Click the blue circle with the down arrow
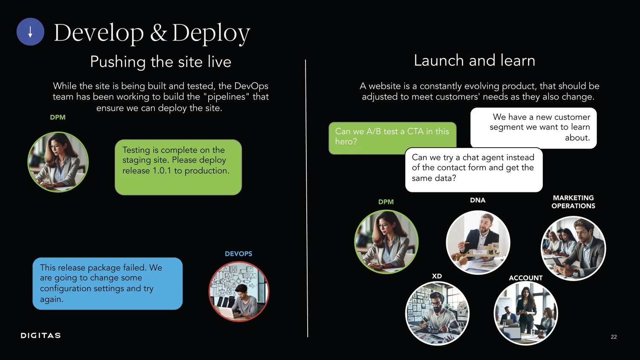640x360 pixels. point(30,32)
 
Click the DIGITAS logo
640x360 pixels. point(41,336)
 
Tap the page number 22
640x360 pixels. point(614,337)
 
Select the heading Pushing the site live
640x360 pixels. point(160,62)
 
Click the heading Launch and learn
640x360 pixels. point(474,61)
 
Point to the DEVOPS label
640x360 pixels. point(238,254)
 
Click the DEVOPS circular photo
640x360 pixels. point(239,291)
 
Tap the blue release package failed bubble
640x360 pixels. point(108,283)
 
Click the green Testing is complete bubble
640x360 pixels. point(178,167)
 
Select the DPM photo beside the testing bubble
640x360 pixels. point(58,162)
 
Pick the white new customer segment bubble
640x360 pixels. point(533,128)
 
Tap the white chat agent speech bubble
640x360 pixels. point(474,170)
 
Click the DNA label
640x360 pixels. point(477,200)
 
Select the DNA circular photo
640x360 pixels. point(478,242)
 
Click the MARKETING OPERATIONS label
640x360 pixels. point(573,202)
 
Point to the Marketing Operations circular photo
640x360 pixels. point(573,248)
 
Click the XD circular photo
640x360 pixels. point(437,314)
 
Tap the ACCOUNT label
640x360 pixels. point(526,278)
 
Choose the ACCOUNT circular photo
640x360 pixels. point(526,314)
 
